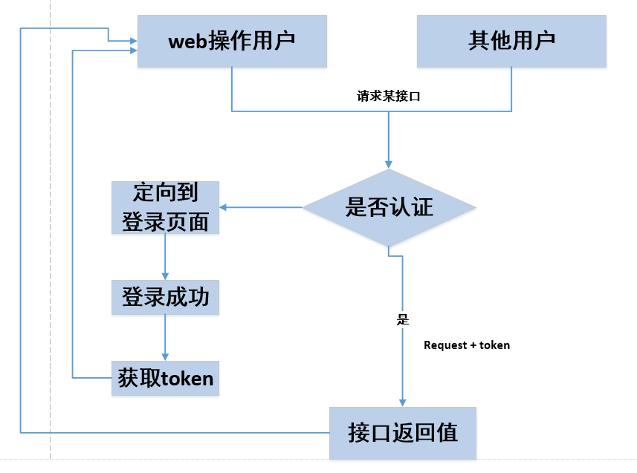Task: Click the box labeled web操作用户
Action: pos(232,40)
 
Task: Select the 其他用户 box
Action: pos(511,40)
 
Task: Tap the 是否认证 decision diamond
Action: pos(389,207)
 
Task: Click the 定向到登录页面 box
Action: pos(165,207)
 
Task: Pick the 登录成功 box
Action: pos(165,298)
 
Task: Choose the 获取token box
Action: pos(165,379)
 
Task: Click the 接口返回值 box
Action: pos(402,432)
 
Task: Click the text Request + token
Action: pos(467,345)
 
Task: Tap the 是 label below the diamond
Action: pos(403,320)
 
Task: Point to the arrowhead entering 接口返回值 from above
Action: pos(403,402)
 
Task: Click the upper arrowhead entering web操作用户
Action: pos(133,39)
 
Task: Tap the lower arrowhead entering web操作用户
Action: pos(133,50)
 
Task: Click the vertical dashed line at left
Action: pos(51,223)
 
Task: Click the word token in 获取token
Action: pos(184,379)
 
